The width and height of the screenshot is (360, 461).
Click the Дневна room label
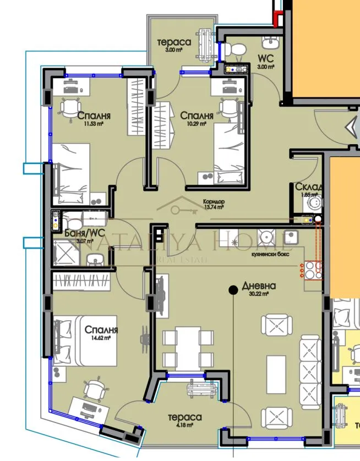click(258, 286)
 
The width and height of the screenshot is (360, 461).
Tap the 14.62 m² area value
click(102, 339)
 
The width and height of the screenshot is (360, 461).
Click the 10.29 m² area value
click(197, 124)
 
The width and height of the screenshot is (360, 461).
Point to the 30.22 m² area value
click(258, 294)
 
